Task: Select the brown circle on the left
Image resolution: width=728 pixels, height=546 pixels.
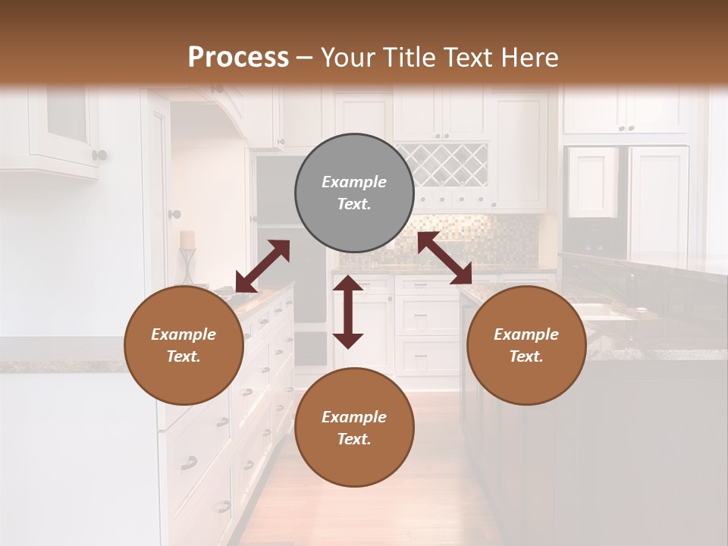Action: click(x=184, y=346)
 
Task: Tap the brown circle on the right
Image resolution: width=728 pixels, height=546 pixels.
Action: click(x=526, y=346)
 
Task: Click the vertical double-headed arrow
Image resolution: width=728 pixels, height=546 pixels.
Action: click(x=348, y=312)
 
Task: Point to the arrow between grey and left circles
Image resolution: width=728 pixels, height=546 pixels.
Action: click(x=262, y=266)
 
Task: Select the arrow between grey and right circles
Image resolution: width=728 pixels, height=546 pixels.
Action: click(x=444, y=258)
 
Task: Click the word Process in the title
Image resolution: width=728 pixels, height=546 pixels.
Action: click(x=238, y=58)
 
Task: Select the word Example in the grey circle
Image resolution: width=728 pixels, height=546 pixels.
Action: click(x=354, y=182)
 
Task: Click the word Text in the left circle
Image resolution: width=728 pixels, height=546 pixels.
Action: click(x=183, y=356)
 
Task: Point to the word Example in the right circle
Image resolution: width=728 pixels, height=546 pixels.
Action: click(x=526, y=334)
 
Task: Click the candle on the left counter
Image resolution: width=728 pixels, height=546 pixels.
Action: click(x=187, y=240)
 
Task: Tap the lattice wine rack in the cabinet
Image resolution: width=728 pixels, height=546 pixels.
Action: click(x=442, y=165)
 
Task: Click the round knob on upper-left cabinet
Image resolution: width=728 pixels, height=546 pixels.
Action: click(x=99, y=155)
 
